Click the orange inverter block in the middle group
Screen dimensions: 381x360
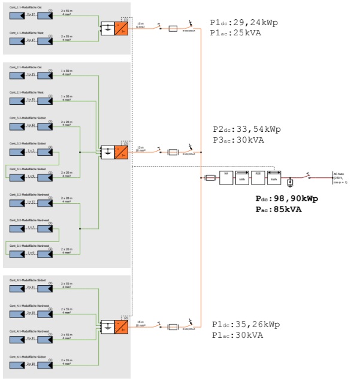click(x=122, y=152)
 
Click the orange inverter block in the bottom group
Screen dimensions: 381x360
click(x=122, y=326)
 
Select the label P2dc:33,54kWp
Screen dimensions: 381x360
click(x=247, y=129)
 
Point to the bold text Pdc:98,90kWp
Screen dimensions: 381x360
click(x=286, y=198)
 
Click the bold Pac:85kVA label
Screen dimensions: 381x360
click(x=277, y=209)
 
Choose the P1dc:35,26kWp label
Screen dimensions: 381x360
click(x=245, y=325)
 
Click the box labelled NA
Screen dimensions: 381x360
click(x=226, y=177)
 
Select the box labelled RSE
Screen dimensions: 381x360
click(x=258, y=177)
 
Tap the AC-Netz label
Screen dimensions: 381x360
click(x=339, y=174)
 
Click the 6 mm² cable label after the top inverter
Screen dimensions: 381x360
click(x=141, y=26)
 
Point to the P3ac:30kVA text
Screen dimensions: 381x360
click(x=238, y=140)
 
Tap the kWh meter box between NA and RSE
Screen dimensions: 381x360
click(x=242, y=177)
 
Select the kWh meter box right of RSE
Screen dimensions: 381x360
click(x=274, y=177)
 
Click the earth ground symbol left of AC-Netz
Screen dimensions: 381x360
click(x=291, y=181)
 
